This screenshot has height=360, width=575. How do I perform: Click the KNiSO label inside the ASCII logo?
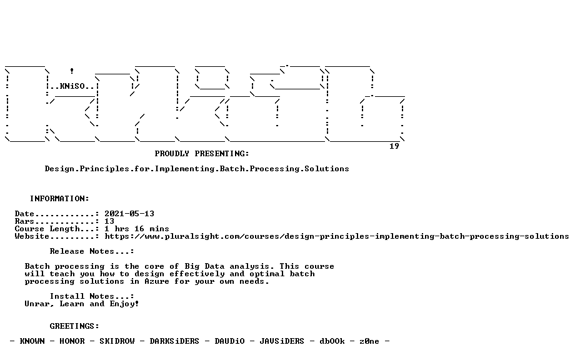72,86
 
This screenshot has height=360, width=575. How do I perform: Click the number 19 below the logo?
394,146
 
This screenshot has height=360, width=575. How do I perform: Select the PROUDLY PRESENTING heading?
202,154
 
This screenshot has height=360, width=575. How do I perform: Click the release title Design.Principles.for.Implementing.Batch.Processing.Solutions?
197,169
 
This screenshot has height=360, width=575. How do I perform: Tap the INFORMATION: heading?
59,199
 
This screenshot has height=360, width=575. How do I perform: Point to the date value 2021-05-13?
129,214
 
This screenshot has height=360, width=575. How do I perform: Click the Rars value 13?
109,221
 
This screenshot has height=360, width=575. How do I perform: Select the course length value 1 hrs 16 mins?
137,229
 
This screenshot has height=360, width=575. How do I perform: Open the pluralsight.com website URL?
337,236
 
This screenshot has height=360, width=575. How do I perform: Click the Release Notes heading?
92,251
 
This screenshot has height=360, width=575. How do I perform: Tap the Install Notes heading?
92,296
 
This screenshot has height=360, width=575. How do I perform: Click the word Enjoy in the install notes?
123,304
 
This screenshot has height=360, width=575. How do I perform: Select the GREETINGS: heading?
74,326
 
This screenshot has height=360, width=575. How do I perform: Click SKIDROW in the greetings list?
117,341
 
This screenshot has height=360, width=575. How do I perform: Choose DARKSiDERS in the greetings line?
174,341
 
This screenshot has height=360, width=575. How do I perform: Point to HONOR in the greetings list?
72,341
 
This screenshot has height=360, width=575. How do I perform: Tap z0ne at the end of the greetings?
369,341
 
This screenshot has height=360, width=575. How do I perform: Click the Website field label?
32,236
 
